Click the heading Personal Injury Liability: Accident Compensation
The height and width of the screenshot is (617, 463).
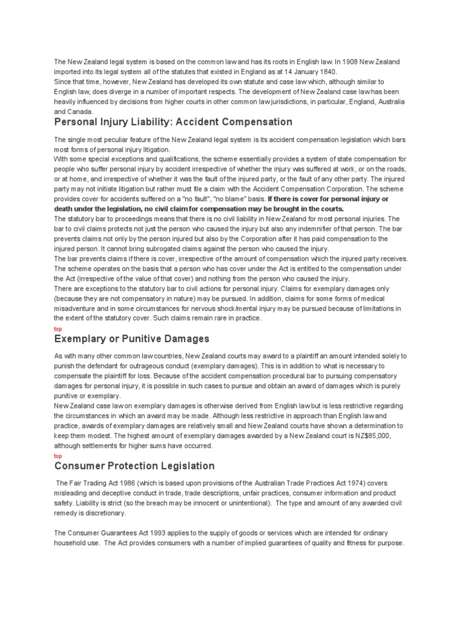point(173,122)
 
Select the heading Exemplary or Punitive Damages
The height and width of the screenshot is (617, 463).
point(131,339)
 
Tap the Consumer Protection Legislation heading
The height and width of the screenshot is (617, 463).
point(134,466)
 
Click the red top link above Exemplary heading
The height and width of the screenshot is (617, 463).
point(58,329)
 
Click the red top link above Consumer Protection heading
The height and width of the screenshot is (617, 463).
point(58,456)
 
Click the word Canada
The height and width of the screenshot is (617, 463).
point(80,111)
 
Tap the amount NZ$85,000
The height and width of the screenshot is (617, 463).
point(379,436)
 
